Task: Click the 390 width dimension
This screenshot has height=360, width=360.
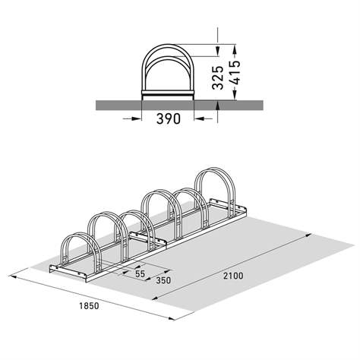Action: [x=168, y=120]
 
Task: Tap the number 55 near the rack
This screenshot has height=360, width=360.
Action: [x=141, y=272]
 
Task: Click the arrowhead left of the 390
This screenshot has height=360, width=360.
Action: [x=138, y=118]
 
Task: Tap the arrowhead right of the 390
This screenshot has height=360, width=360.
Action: [x=198, y=118]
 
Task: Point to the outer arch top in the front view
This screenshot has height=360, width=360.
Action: [x=168, y=45]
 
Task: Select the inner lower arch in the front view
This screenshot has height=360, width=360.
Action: [x=168, y=70]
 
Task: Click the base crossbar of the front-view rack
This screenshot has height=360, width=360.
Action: [x=168, y=96]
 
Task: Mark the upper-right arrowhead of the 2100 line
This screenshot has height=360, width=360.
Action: [x=311, y=238]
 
